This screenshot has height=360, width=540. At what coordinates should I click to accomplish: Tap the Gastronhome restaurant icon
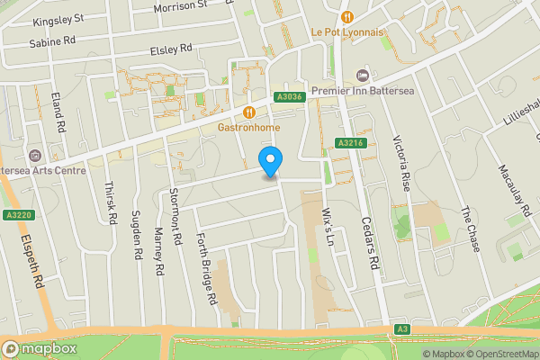point(249,112)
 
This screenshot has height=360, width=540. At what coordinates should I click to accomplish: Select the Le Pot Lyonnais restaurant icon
point(346,16)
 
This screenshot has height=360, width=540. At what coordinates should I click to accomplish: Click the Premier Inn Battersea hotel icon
point(363,75)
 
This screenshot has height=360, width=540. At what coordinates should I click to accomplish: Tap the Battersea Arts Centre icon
point(34,156)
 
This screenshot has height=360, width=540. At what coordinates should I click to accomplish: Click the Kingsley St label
point(58,18)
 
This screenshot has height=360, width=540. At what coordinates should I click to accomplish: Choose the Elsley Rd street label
point(172,49)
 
